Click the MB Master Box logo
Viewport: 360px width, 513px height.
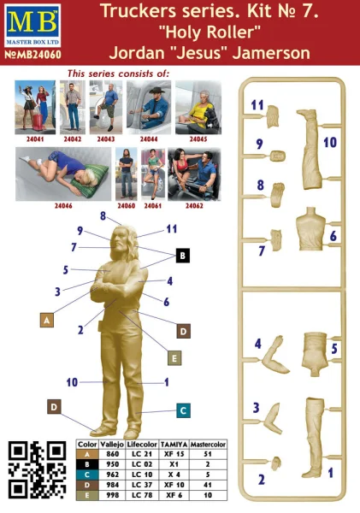(x=32, y=26)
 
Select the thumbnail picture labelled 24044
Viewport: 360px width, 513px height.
(x=149, y=108)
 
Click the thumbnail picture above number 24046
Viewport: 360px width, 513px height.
(x=63, y=174)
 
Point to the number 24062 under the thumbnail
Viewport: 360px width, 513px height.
(x=194, y=206)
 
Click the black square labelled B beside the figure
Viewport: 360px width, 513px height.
(x=183, y=256)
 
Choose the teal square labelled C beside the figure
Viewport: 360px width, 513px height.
(x=183, y=410)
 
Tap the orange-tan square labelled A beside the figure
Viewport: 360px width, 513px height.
(x=47, y=321)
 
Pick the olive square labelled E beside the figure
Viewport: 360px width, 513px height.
(x=174, y=358)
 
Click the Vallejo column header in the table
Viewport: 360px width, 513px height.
(x=112, y=445)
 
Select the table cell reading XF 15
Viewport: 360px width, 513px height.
(x=174, y=454)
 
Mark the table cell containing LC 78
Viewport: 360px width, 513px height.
(x=142, y=495)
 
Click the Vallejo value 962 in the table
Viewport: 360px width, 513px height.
(x=112, y=475)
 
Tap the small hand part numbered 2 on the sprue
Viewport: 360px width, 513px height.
(x=277, y=463)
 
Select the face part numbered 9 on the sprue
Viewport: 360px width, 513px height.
(x=278, y=156)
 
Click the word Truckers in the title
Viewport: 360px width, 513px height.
(x=139, y=11)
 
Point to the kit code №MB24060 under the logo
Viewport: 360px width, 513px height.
(x=32, y=55)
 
